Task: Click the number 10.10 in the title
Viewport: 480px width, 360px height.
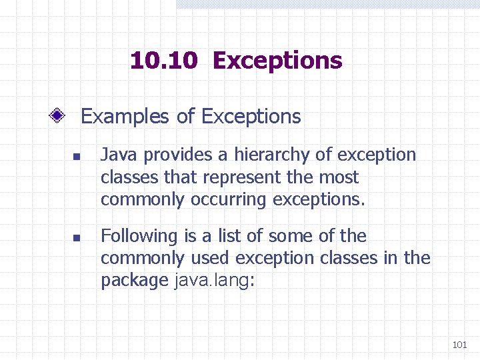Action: [x=164, y=61]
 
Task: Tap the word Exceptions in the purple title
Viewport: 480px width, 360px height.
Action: [x=277, y=61]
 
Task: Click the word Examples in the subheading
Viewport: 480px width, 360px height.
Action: [x=125, y=117]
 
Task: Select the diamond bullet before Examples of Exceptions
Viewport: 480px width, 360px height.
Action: [x=58, y=117]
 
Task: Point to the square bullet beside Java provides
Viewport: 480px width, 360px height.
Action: [x=76, y=159]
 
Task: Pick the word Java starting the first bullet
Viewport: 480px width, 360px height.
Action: [x=119, y=155]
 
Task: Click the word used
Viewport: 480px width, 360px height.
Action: [x=209, y=258]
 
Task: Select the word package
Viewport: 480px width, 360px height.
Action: [x=134, y=281]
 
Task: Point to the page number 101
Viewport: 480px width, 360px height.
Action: [x=459, y=345]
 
